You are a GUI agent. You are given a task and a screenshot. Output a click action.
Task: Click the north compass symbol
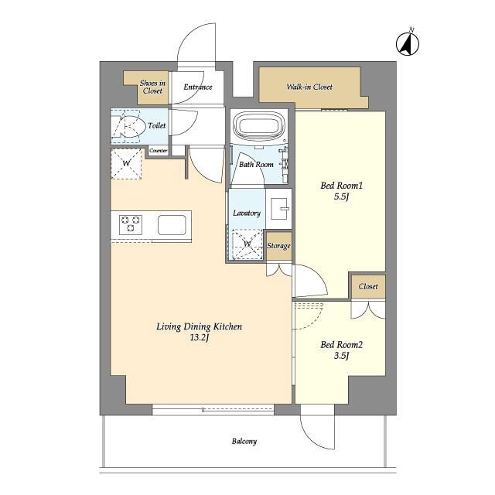(408, 43)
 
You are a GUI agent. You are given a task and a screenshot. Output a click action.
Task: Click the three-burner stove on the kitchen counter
(131, 224)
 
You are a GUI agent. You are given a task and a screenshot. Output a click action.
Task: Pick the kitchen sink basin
(172, 225)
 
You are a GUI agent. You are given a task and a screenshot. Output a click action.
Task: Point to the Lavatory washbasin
(280, 208)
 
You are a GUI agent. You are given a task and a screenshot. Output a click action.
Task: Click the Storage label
(278, 246)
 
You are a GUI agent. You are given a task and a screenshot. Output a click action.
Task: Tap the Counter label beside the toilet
(158, 151)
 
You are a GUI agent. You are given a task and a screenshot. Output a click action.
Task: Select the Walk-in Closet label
(309, 87)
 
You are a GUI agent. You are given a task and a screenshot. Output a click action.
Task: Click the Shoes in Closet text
(152, 87)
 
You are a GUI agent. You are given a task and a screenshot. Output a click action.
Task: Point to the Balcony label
(244, 441)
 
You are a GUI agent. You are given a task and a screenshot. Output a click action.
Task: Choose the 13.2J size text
(200, 338)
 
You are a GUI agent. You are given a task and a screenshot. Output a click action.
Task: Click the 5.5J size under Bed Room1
(341, 196)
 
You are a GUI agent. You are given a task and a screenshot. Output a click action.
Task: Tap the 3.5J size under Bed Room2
(341, 356)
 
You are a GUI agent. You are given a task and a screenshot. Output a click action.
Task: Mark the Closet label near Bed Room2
(368, 286)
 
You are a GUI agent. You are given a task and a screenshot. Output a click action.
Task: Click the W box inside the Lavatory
(247, 244)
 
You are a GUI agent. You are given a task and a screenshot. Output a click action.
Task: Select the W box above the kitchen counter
(126, 164)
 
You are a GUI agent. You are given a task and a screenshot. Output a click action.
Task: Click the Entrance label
(198, 87)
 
